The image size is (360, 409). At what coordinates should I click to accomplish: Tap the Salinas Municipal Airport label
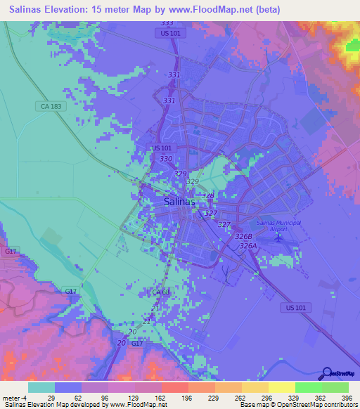coord(278,226)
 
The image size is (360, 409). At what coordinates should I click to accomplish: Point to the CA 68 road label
coord(161,292)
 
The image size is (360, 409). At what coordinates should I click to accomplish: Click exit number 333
coord(167,23)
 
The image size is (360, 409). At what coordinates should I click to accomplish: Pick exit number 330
coord(167,160)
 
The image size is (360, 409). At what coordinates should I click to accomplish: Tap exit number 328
coord(208,195)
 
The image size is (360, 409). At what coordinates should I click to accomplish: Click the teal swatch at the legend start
coord(41,387)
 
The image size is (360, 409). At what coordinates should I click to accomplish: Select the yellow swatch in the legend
coord(281,387)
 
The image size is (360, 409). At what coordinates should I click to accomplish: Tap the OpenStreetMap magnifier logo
coord(326,372)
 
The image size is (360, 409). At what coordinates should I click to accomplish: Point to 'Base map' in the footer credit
coord(250,404)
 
